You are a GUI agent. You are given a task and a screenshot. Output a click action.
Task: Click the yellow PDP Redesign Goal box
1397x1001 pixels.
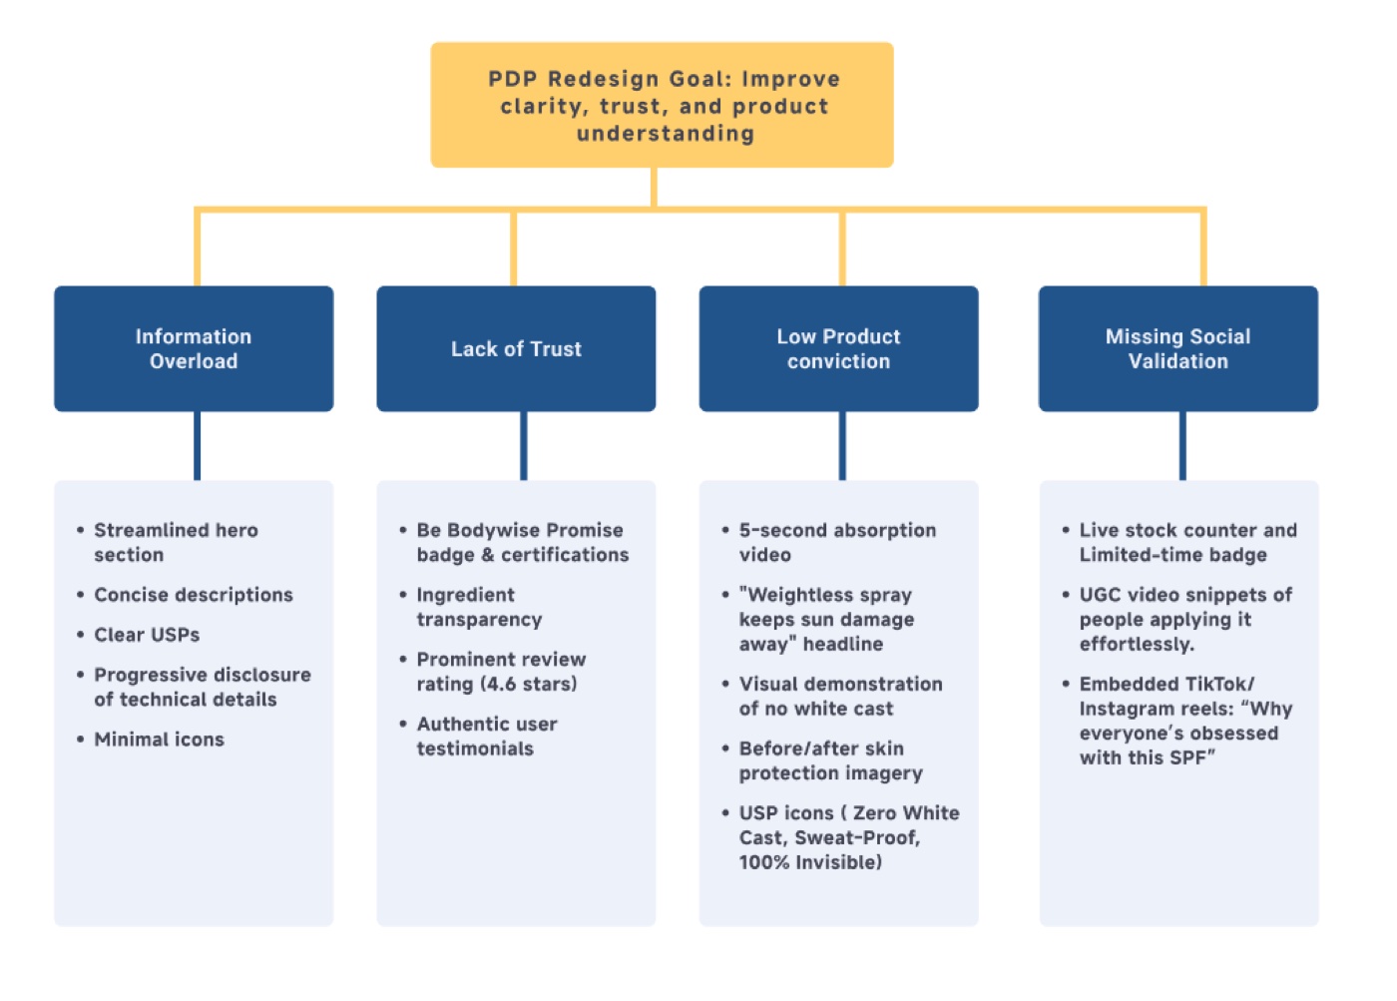click(662, 105)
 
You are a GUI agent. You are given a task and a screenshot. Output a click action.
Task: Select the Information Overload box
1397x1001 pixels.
click(194, 348)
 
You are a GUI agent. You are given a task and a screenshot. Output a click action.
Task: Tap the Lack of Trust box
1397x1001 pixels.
click(517, 348)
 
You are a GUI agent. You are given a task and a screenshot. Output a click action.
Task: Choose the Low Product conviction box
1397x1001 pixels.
click(839, 348)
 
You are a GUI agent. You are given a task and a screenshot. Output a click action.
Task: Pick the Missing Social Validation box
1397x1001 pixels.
click(1178, 348)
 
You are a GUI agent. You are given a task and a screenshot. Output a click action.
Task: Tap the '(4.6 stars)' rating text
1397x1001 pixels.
click(529, 685)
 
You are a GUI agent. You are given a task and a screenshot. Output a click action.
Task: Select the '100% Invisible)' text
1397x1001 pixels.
click(810, 862)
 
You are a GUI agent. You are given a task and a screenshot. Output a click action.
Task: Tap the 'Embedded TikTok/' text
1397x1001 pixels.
click(1166, 685)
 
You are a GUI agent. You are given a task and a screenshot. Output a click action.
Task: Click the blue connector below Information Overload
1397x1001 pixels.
click(198, 446)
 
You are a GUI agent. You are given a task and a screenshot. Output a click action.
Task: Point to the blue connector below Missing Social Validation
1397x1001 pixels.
click(1182, 446)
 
